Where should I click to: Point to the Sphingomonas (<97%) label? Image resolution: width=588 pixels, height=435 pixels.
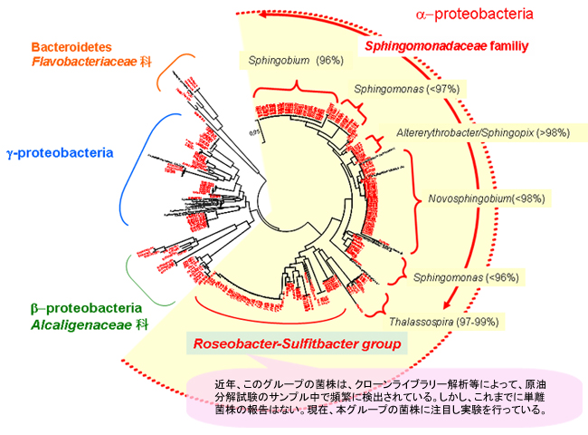[x=395, y=89]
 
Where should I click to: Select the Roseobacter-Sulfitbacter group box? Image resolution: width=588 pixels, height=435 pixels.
[x=297, y=343]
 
